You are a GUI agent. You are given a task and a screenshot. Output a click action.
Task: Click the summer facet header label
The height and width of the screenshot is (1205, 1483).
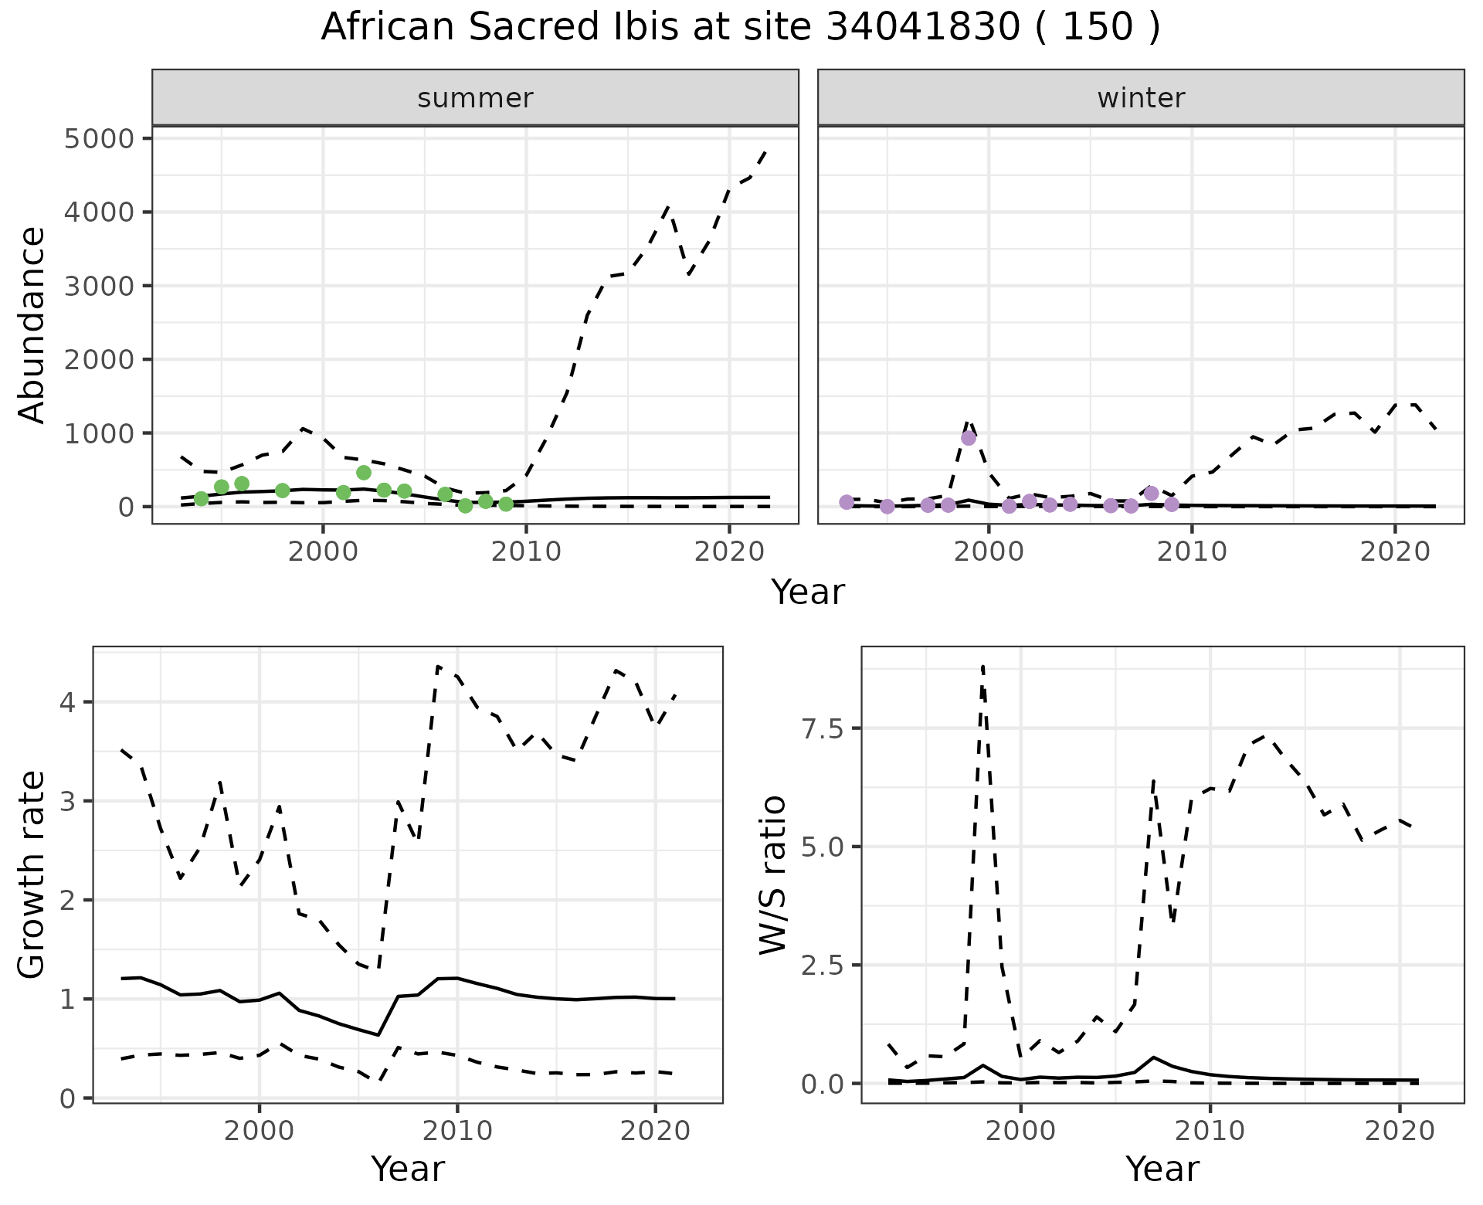point(475,98)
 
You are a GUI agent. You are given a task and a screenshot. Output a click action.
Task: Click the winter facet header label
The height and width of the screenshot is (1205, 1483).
point(1141,98)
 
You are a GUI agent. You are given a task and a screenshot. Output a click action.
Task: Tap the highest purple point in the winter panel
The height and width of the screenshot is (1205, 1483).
point(969,438)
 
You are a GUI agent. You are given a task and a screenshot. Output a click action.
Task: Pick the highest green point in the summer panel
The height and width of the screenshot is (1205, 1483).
point(364,473)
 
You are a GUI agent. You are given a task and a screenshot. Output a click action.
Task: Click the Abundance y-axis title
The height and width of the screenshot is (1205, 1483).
point(32,324)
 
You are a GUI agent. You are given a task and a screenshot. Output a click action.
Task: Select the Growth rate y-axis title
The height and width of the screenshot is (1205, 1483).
point(32,875)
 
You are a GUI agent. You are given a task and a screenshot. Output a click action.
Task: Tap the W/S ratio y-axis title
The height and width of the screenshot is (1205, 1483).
point(772,875)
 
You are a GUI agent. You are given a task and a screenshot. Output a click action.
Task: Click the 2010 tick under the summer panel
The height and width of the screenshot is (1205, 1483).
point(526,552)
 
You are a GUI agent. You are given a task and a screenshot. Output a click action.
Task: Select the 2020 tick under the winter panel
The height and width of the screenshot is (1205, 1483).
point(1395,552)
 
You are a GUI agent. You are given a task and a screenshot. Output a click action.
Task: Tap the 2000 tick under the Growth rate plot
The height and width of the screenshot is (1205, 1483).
point(260,1132)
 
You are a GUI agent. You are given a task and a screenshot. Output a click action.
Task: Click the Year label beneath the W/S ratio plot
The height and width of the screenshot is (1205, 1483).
point(1162,1169)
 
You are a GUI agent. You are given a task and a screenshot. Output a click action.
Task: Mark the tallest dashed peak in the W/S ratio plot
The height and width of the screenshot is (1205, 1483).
point(982,666)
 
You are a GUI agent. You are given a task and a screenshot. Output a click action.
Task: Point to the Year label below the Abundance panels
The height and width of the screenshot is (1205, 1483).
point(808,592)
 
